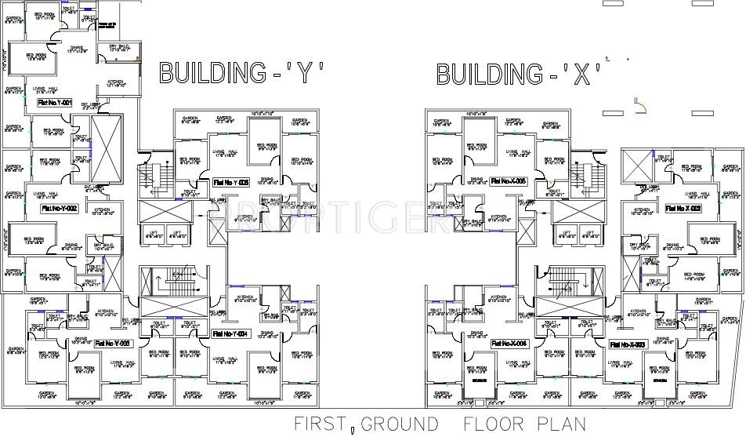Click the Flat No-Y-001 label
click(x=54, y=103)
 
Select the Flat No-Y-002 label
click(x=59, y=209)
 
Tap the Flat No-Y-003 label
click(x=113, y=343)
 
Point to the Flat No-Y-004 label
click(x=230, y=333)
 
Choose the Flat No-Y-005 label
click(x=230, y=182)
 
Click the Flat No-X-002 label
click(x=683, y=209)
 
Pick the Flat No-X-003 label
click(x=627, y=344)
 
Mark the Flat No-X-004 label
click(x=509, y=344)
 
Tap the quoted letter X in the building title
click(x=581, y=74)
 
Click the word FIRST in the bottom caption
click(x=320, y=424)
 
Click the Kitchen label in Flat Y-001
click(x=116, y=82)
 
